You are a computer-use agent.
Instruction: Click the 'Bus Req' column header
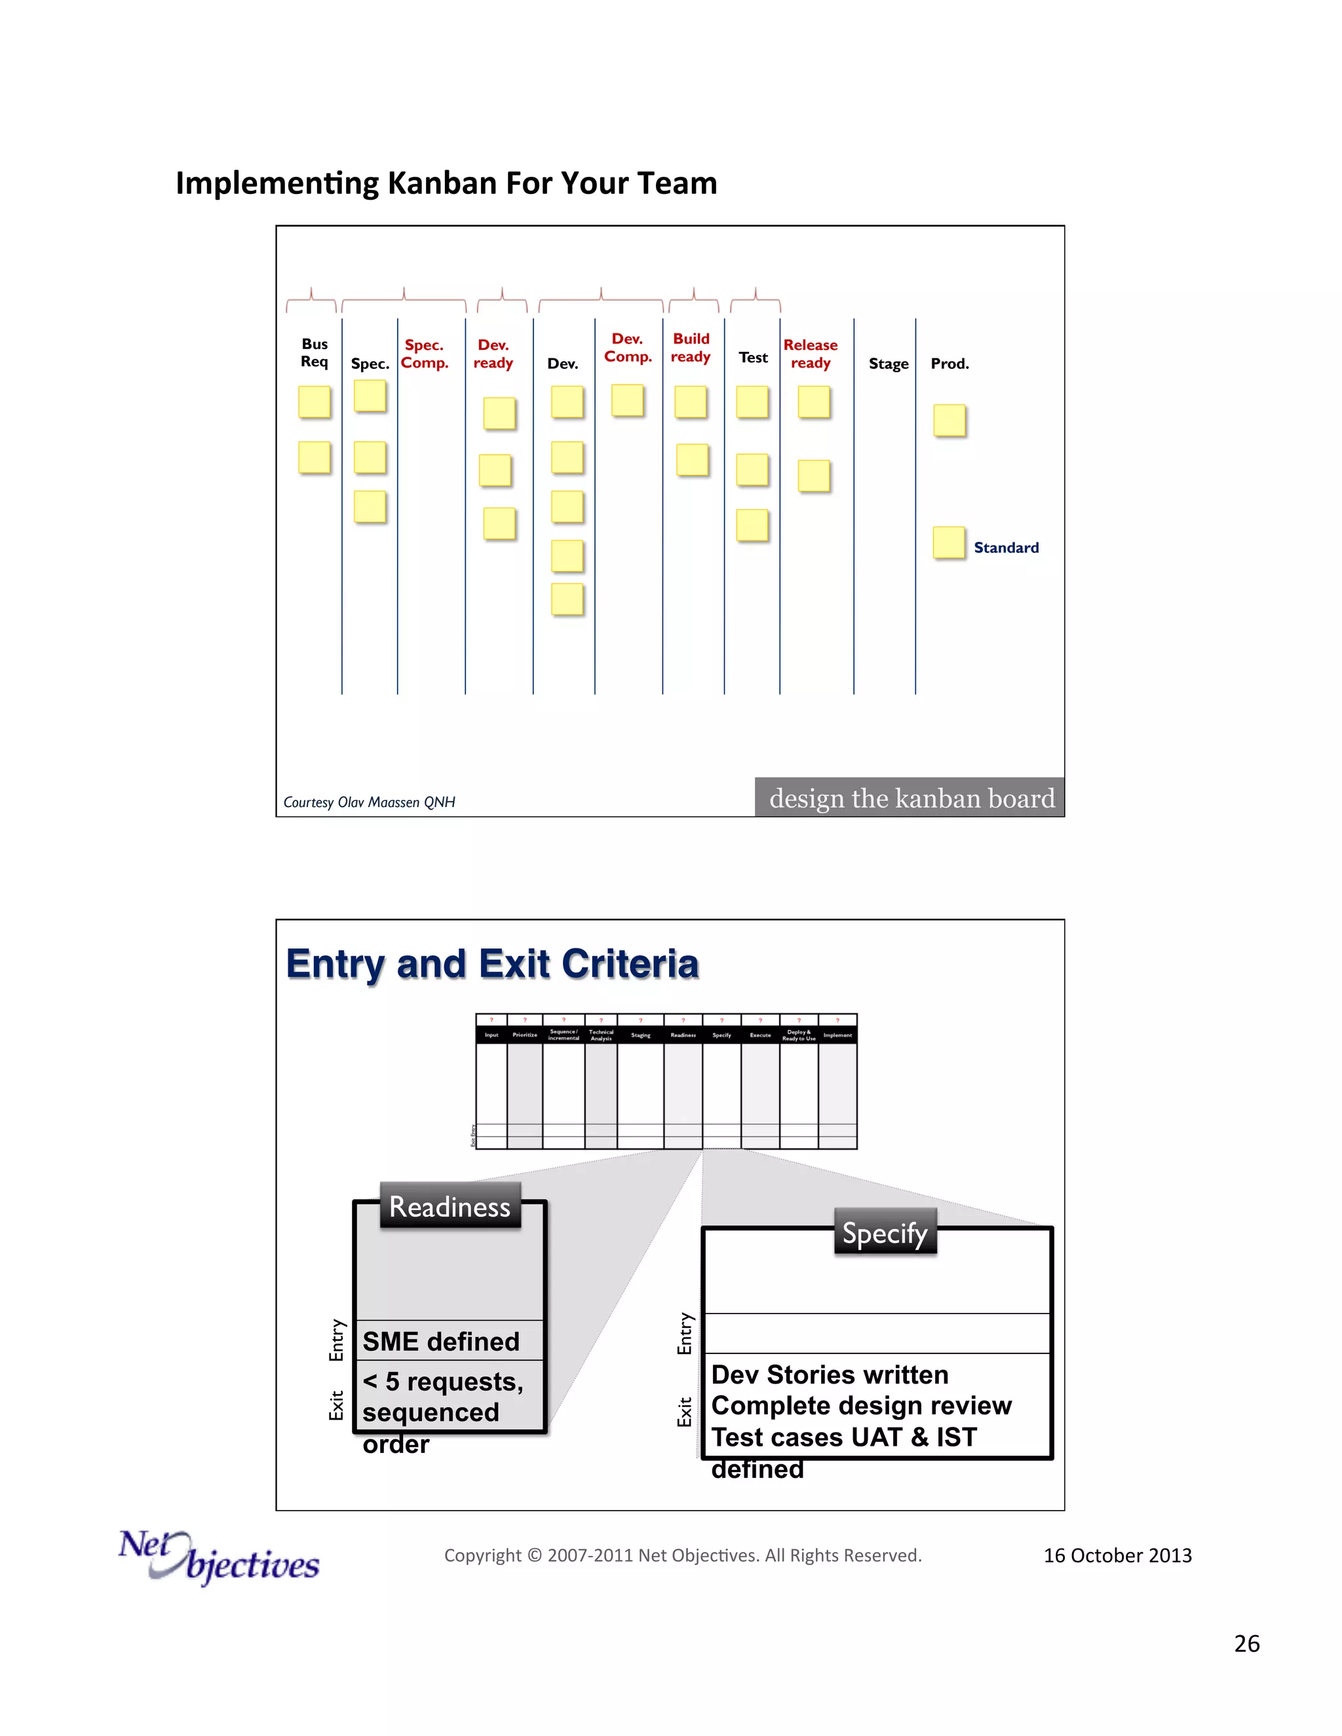(314, 352)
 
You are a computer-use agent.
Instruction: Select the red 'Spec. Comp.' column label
(425, 354)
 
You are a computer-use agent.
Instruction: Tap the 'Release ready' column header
(810, 354)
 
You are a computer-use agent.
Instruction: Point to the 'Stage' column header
(888, 364)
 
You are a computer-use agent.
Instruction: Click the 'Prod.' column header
(949, 364)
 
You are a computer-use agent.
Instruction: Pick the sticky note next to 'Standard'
(948, 543)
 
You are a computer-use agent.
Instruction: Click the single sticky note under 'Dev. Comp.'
(627, 400)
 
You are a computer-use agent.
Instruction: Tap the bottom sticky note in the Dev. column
(567, 599)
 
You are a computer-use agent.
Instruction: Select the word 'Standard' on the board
(1006, 548)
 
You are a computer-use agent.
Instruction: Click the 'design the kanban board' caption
(911, 797)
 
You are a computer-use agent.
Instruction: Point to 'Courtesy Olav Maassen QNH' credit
(369, 802)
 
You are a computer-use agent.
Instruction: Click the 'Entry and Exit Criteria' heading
(492, 964)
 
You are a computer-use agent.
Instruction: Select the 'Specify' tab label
(885, 1233)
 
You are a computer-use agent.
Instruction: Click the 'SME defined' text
(441, 1341)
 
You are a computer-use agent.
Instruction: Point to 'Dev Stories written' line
(829, 1374)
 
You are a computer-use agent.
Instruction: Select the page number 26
(1246, 1643)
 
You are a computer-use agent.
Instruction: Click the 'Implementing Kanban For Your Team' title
(446, 183)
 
